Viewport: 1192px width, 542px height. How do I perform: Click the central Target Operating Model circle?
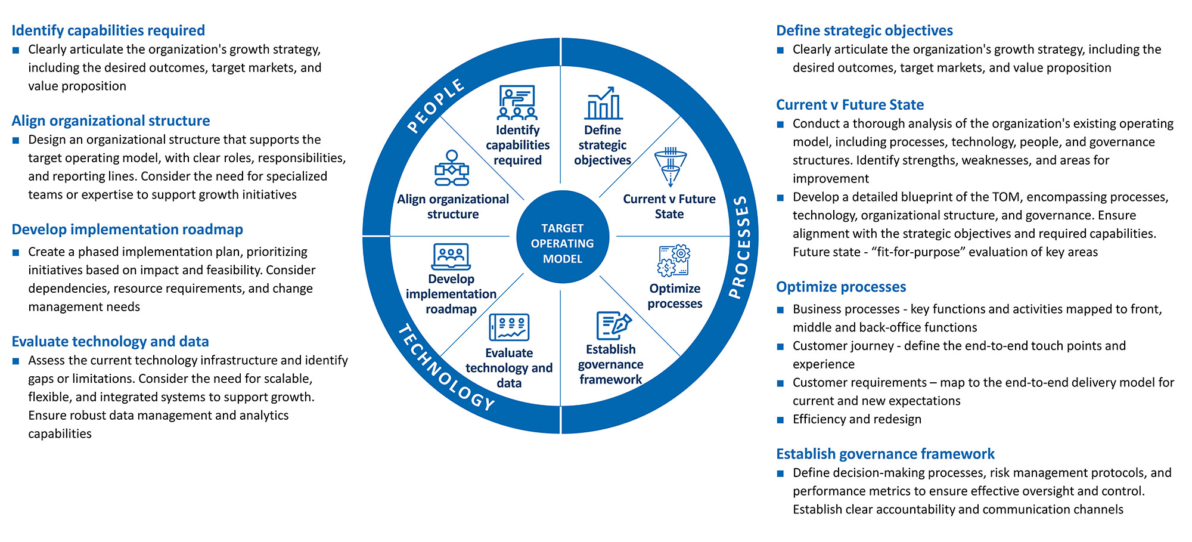tap(562, 243)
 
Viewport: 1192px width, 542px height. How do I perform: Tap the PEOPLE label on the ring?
tap(436, 106)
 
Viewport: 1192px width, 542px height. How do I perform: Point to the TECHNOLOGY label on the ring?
tap(446, 368)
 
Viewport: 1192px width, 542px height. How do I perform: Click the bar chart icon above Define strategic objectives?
tap(603, 103)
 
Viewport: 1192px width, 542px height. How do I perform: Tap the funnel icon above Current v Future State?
tap(670, 168)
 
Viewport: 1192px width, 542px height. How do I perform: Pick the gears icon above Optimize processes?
tap(673, 261)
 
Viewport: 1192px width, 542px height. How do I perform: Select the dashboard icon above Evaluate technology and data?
tap(509, 327)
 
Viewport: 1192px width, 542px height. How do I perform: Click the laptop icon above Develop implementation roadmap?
tap(451, 257)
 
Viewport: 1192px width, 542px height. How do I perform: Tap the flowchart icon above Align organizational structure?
tap(452, 168)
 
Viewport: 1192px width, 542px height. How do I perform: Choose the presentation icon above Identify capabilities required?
tap(517, 103)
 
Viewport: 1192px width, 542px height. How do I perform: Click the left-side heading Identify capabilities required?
tap(108, 30)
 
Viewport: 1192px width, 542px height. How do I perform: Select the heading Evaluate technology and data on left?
tap(110, 341)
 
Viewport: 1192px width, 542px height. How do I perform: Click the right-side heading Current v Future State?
tap(849, 105)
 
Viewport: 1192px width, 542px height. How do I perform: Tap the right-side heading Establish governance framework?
tap(885, 454)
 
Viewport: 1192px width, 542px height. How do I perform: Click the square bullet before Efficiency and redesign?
tap(780, 420)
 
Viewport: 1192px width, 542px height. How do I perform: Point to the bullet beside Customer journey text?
tap(780, 346)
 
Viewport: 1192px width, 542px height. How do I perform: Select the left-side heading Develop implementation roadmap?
tap(127, 230)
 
